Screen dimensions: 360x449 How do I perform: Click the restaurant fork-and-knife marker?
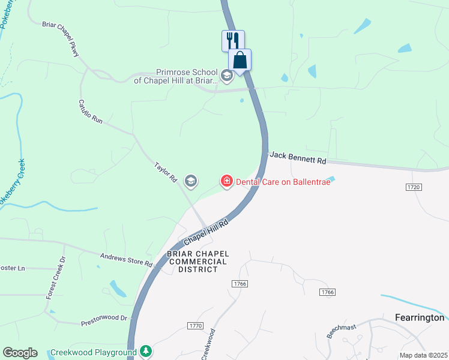(x=233, y=41)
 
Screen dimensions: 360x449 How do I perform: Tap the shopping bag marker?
(x=240, y=60)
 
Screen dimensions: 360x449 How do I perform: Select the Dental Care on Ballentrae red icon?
(x=227, y=181)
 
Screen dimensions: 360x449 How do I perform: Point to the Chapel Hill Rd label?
(x=207, y=232)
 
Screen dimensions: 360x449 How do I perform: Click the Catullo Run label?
(x=91, y=112)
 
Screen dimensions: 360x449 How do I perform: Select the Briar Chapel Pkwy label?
(x=61, y=41)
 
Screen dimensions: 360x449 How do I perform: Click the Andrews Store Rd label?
(x=127, y=260)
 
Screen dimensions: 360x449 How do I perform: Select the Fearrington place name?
(x=420, y=317)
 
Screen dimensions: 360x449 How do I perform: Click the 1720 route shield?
(x=413, y=187)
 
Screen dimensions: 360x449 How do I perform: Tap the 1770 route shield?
(x=196, y=325)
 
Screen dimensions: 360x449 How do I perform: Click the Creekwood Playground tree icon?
(x=145, y=351)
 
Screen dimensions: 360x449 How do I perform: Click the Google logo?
(x=20, y=353)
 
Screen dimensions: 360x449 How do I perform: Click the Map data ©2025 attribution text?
(x=423, y=355)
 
